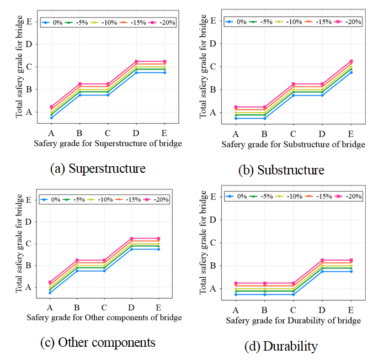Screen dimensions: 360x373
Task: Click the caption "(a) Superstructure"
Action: pos(98,168)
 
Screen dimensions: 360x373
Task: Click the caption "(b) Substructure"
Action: pos(281,170)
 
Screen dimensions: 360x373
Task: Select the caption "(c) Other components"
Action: pos(98,342)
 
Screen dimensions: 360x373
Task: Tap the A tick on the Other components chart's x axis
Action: pos(50,307)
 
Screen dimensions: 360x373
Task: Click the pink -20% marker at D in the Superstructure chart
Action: pos(136,61)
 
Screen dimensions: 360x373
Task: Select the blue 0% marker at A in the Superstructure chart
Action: pos(51,118)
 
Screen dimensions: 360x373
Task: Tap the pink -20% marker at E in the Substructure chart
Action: pos(351,61)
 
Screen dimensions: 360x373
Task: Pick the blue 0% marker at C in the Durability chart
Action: pos(294,294)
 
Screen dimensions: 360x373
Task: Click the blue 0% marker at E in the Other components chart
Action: pos(158,249)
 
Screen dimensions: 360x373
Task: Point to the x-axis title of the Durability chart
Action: pos(293,321)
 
